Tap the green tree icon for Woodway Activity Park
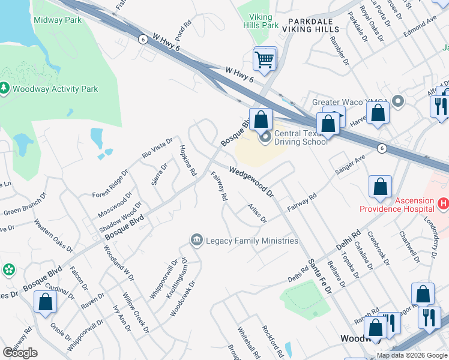tap(4, 88)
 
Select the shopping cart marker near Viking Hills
tap(265, 59)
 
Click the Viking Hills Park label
tap(261, 22)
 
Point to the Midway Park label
tap(57, 20)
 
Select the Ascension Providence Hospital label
tap(396, 205)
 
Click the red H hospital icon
tap(444, 204)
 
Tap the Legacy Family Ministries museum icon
tap(196, 241)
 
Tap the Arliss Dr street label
tap(257, 213)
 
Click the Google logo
tap(20, 353)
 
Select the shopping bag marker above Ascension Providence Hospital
tap(381, 187)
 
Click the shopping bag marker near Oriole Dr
tap(46, 302)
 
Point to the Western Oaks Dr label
tap(53, 238)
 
